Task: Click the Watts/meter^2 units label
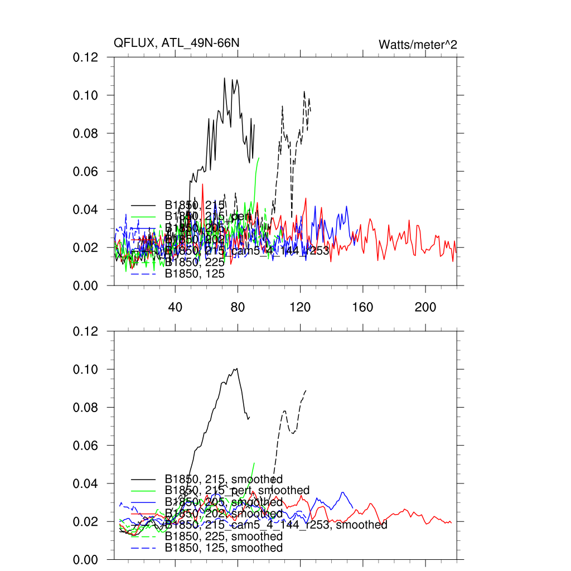click(418, 45)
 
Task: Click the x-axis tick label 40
click(176, 307)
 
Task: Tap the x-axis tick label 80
click(238, 307)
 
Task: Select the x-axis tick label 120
click(301, 307)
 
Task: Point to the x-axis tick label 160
click(363, 307)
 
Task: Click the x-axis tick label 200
click(425, 307)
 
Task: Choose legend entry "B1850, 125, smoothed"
click(224, 548)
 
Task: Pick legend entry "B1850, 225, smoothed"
click(224, 536)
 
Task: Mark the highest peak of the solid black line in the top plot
click(225, 78)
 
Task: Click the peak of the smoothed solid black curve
click(236, 369)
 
